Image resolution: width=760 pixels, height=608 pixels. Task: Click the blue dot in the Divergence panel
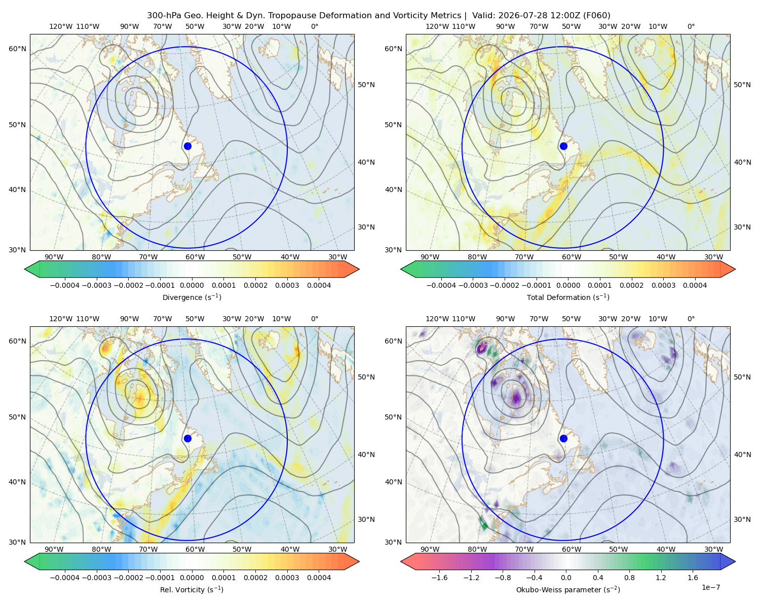(x=187, y=146)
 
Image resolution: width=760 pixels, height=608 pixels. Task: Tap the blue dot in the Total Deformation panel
(x=563, y=146)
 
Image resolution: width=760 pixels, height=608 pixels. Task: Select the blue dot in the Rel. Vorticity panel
(x=187, y=438)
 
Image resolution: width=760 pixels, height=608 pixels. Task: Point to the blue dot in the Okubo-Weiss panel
(x=563, y=438)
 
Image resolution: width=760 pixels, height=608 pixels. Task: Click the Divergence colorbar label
(x=192, y=297)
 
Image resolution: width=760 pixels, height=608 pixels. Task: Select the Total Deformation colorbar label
(x=568, y=297)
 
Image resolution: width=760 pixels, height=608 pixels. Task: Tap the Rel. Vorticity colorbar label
(x=192, y=589)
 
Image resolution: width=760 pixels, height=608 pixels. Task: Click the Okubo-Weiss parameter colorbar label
(x=568, y=589)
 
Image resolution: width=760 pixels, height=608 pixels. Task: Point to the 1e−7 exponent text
(x=710, y=587)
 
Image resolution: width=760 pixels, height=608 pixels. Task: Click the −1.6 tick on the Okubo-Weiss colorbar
(x=439, y=577)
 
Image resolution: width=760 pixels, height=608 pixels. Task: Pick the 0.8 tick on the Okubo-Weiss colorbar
(x=629, y=577)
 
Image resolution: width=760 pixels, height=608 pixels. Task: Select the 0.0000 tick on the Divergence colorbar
(x=192, y=285)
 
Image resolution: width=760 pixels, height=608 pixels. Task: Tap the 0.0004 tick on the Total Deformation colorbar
(x=695, y=285)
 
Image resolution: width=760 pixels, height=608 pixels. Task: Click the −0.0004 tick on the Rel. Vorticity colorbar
(x=65, y=577)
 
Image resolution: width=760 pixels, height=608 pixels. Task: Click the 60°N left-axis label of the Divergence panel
(x=17, y=49)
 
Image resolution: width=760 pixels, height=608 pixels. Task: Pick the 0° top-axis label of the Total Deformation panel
(x=691, y=26)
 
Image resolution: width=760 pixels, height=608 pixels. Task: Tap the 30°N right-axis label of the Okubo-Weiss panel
(x=742, y=519)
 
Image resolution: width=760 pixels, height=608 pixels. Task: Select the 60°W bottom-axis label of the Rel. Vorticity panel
(x=195, y=549)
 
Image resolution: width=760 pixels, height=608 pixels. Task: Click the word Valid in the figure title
(x=482, y=16)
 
